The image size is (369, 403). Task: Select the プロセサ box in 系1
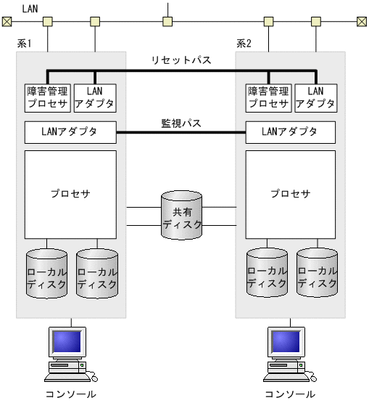coord(70,194)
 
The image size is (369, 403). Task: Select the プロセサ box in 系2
coord(291,194)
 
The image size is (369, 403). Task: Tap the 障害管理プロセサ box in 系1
coord(47,97)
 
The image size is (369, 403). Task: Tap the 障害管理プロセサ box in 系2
coord(268,97)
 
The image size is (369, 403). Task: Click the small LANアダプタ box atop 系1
coord(95,97)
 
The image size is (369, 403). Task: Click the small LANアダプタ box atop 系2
coord(315,97)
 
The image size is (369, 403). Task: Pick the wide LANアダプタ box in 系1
coord(70,132)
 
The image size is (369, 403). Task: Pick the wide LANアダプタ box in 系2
coord(291,132)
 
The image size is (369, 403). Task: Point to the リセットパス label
coord(181,60)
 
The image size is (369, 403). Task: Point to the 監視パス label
coord(181,123)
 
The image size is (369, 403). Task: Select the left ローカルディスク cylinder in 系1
coord(46,274)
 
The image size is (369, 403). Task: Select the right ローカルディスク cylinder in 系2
coord(317,274)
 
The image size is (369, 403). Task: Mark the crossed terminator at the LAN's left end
coord(7,21)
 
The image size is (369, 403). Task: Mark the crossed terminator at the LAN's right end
coord(360,21)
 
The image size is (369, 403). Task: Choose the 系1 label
coord(25,44)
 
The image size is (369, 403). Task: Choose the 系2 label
coord(244,44)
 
